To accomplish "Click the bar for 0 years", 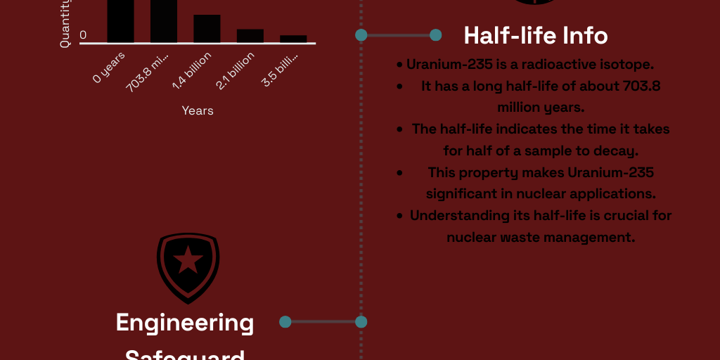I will (120, 21).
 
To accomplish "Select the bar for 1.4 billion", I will (207, 29).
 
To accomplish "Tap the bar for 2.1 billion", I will (250, 36).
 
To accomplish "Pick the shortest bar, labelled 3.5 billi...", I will (293, 39).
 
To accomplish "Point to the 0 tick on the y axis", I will (84, 35).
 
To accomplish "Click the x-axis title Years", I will (198, 110).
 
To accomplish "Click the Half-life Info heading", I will (536, 35).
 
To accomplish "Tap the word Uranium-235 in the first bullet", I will (442, 65).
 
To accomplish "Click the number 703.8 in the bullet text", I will (642, 86).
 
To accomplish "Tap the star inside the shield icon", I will (188, 262).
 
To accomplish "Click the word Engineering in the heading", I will (185, 323).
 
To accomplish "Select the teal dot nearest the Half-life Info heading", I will (435, 34).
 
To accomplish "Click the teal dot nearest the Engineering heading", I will (285, 322).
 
